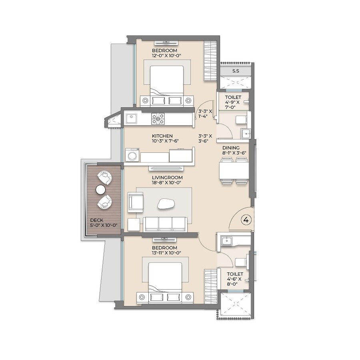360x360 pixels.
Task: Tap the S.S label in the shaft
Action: (x=236, y=71)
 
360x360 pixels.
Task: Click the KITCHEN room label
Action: (x=162, y=136)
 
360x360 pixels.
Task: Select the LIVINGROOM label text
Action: (x=167, y=177)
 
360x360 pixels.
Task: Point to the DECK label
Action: (x=97, y=220)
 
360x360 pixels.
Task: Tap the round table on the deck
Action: (x=100, y=190)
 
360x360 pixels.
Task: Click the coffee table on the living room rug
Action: (x=166, y=204)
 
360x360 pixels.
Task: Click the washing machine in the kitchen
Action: (x=132, y=155)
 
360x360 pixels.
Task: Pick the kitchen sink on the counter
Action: (x=132, y=118)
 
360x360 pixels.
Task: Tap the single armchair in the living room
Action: (x=135, y=202)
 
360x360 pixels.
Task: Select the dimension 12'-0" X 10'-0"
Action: (x=164, y=56)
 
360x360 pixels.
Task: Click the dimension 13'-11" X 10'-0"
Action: (x=164, y=253)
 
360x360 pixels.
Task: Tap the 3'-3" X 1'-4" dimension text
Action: (x=205, y=114)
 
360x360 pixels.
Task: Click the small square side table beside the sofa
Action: (x=134, y=224)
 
